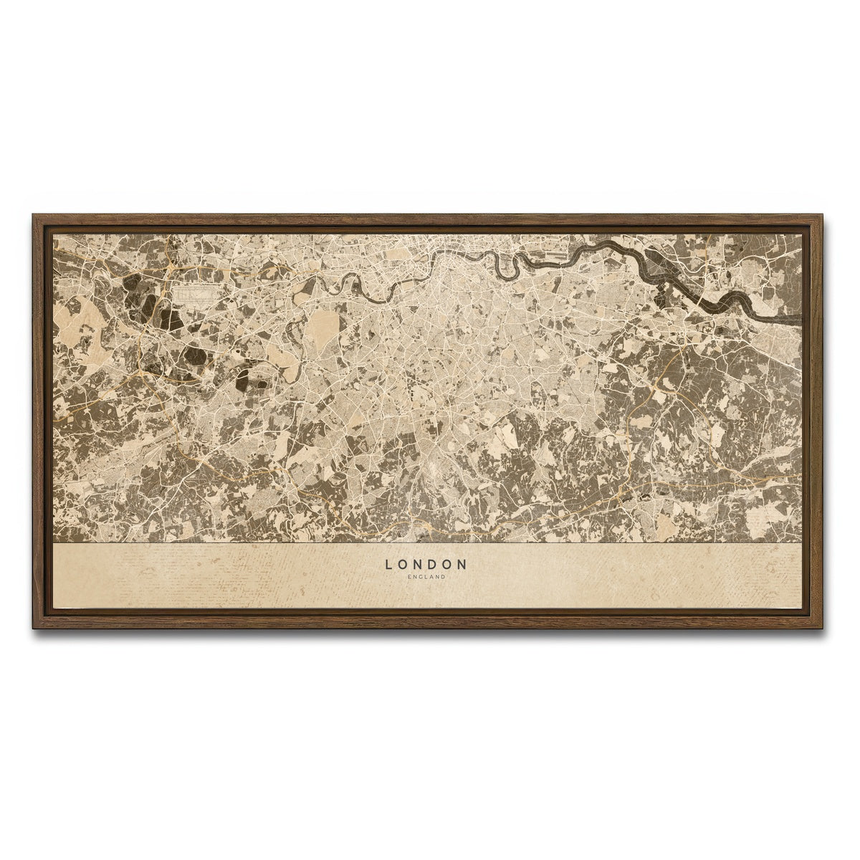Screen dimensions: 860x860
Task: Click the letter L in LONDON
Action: (x=388, y=565)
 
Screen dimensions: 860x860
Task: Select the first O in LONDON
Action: (x=403, y=565)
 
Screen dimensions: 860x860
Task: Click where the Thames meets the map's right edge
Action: (x=801, y=316)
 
